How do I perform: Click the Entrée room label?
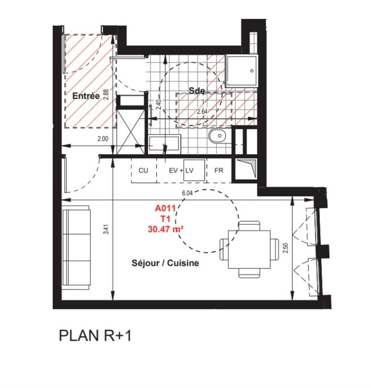tap(86, 96)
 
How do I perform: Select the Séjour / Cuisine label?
tap(166, 263)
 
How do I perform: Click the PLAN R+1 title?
tap(95, 336)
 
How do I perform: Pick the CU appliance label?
tap(143, 171)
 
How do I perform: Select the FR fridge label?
tap(219, 171)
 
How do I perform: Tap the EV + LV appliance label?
tap(181, 171)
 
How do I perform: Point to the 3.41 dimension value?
tap(106, 231)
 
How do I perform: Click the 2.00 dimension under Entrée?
tap(103, 139)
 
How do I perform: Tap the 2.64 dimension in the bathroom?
tap(203, 112)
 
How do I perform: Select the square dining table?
tap(249, 249)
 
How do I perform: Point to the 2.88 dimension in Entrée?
tap(105, 93)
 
